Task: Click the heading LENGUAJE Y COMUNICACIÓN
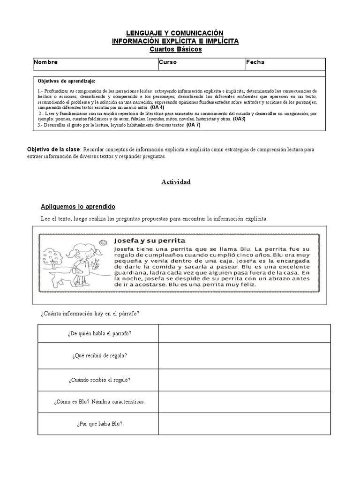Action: [175, 33]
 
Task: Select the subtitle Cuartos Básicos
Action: [175, 49]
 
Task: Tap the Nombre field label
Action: [46, 62]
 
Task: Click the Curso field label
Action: [167, 62]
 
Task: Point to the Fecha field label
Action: [255, 62]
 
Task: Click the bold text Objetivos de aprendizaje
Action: [66, 81]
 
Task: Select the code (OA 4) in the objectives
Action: [157, 107]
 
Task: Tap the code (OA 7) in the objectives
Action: [194, 125]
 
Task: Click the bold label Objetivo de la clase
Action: [54, 150]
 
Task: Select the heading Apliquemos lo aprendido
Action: [78, 207]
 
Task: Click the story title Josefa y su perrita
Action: [150, 240]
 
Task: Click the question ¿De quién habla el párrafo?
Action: [98, 333]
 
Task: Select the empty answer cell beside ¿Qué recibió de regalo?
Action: [244, 356]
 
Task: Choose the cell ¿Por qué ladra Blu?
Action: [98, 424]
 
